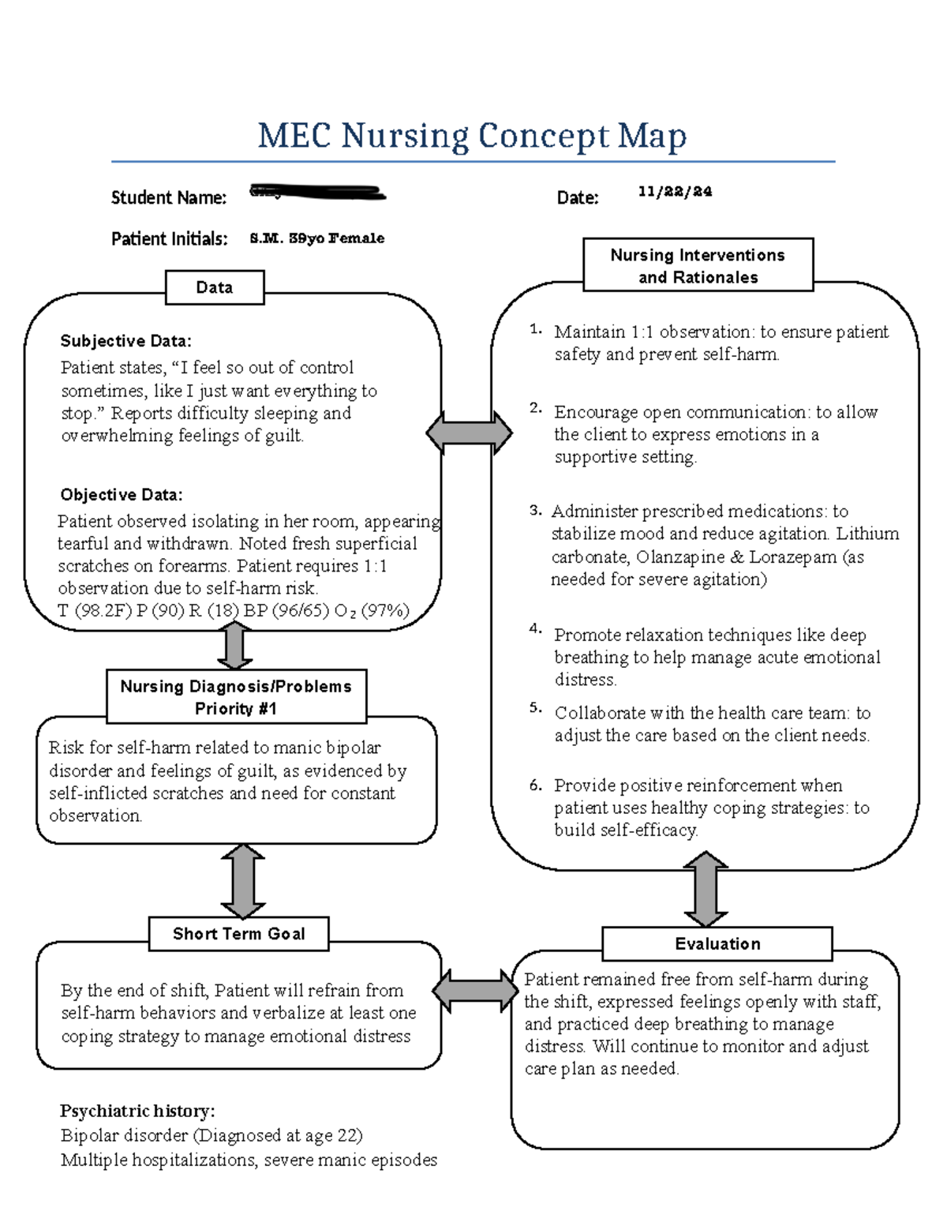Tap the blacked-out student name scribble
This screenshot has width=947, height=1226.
[x=317, y=192]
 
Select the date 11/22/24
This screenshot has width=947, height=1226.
[x=675, y=192]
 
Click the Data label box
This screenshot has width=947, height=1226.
[x=215, y=287]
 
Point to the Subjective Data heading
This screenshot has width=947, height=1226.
[x=125, y=341]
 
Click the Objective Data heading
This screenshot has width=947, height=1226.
[x=122, y=495]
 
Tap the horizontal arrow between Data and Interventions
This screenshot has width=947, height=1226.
[x=469, y=433]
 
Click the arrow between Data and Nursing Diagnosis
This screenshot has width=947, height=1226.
[x=234, y=646]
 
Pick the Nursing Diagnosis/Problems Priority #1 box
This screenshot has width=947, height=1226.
[x=236, y=697]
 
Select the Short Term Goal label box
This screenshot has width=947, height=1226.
[x=238, y=934]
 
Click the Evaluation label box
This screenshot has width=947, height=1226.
[x=717, y=944]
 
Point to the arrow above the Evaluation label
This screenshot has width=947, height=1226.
[x=705, y=890]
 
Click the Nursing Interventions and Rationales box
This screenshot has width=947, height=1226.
[x=698, y=266]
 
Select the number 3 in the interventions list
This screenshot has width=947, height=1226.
[x=535, y=511]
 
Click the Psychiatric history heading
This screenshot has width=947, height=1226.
[x=137, y=1111]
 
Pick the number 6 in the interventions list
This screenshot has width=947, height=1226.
[x=535, y=785]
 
